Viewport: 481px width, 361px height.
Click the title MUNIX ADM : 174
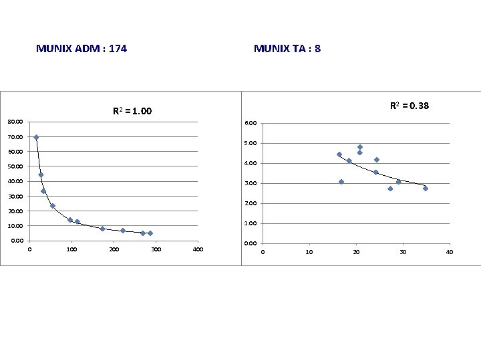coord(82,49)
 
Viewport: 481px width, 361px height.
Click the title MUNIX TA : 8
coord(287,49)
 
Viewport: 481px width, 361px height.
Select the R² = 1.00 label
coord(132,111)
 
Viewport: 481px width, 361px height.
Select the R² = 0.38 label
coord(410,106)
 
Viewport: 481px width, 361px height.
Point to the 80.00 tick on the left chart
coord(15,122)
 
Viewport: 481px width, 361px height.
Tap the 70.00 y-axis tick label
coord(15,137)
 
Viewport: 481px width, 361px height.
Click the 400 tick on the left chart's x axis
coord(198,249)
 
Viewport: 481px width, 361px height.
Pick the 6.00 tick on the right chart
coord(250,124)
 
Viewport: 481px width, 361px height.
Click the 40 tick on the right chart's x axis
coord(450,252)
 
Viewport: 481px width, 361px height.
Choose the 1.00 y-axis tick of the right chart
coord(250,223)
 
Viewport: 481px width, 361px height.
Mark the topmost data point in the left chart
coord(36,137)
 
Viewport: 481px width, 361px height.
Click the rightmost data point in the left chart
coord(150,233)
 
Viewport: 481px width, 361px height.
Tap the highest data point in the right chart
coord(359,147)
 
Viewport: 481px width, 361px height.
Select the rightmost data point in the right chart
coord(425,189)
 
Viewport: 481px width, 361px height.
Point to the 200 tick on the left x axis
coord(114,249)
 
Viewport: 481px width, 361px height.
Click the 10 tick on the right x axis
coord(309,252)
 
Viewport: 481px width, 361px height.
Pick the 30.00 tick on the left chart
coord(15,197)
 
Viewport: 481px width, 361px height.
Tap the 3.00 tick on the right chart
coord(250,183)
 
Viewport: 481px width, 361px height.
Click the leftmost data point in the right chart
coord(339,154)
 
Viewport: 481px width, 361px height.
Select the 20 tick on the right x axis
coord(356,252)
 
